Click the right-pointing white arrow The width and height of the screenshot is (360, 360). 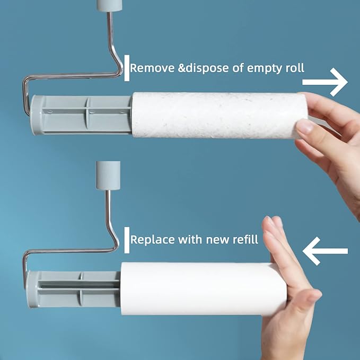pyautogui.click(x=325, y=83)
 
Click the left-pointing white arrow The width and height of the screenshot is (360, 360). pyautogui.click(x=324, y=251)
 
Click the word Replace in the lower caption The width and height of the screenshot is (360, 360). pyautogui.click(x=151, y=240)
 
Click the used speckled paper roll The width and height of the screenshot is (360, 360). pyautogui.click(x=217, y=115)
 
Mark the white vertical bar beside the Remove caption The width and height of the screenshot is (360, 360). pyautogui.click(x=127, y=68)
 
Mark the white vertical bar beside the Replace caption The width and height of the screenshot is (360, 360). pyautogui.click(x=127, y=240)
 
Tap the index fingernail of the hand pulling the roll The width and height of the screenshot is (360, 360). pyautogui.click(x=305, y=127)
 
